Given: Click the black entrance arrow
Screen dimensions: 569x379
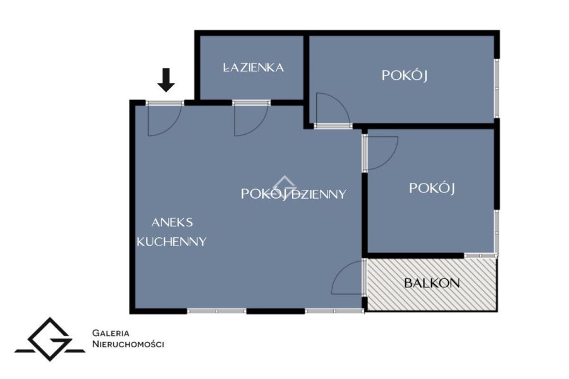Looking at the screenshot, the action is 166,80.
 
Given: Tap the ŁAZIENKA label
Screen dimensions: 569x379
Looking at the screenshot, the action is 254,68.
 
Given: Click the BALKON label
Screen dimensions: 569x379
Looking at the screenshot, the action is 432,283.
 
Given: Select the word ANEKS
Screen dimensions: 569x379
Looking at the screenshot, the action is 172,222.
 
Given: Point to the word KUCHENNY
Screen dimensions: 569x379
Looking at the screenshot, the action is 171,242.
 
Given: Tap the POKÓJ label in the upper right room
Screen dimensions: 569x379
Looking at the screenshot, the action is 404,75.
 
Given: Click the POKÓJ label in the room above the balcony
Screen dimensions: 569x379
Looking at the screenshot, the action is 432,188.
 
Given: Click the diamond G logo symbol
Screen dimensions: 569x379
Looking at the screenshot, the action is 50,340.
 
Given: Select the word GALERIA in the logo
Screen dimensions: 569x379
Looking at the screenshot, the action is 111,333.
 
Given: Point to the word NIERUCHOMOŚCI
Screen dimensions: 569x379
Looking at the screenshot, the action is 128,344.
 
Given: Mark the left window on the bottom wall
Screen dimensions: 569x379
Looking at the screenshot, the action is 217,311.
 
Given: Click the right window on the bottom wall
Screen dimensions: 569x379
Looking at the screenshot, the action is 334,311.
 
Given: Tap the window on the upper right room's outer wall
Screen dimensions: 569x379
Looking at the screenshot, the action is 497,88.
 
